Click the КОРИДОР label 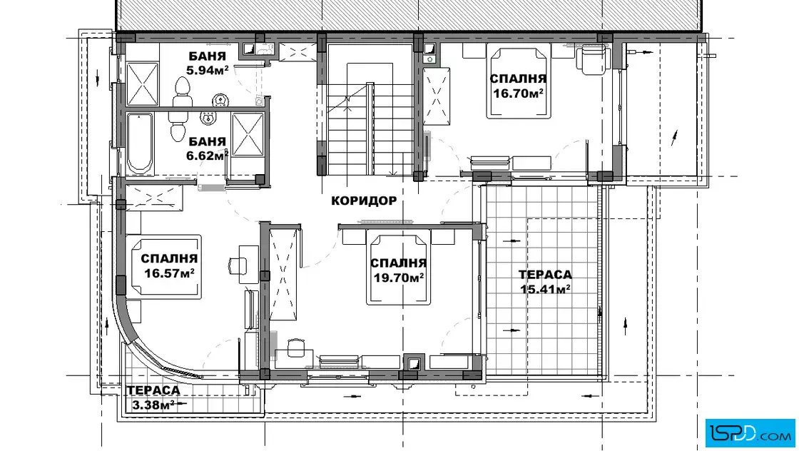coord(363,201)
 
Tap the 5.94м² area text coord(206,71)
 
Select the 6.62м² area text coord(206,156)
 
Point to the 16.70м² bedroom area coord(518,93)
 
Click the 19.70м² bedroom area coord(399,277)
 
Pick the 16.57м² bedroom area coord(168,273)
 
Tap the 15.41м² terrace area coord(545,289)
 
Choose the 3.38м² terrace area coord(153,405)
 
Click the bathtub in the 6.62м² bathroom coord(140,143)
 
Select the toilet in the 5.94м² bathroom coord(182,93)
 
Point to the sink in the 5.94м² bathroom coord(219,100)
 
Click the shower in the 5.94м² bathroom coord(142,83)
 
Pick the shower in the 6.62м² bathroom coord(248,134)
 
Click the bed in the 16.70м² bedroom coord(519,81)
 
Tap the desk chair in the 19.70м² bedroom coord(295,348)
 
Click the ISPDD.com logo coord(750,432)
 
